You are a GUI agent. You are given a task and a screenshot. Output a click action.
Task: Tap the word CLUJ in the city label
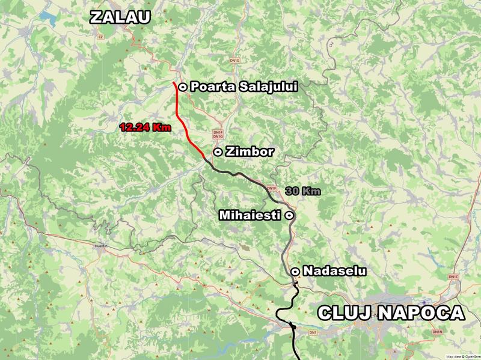(341, 313)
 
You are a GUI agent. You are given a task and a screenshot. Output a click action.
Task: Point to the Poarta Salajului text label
(244, 87)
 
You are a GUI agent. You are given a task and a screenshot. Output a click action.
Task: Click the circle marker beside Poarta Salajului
(182, 87)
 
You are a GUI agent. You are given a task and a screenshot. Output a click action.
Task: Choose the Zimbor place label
(250, 152)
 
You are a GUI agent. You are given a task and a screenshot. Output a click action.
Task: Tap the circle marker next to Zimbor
(217, 152)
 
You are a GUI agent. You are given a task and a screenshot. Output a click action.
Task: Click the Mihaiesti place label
(251, 215)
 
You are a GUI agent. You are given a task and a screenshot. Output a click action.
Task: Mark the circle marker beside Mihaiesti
(289, 215)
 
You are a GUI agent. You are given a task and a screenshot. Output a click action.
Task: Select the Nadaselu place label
(335, 272)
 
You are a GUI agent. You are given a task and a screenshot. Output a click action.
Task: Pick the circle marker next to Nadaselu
(295, 272)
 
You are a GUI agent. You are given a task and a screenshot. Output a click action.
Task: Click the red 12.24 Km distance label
(145, 127)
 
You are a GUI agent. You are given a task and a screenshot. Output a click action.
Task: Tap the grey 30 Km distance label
(302, 191)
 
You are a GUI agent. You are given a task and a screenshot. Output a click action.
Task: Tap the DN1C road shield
(453, 277)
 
